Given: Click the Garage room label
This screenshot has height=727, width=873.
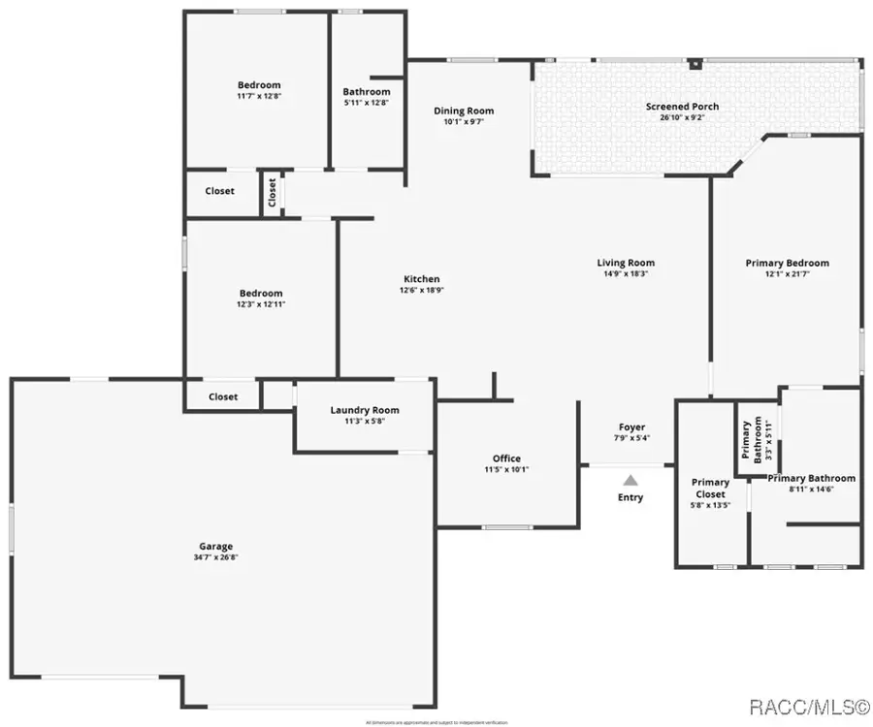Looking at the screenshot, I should pos(217,546).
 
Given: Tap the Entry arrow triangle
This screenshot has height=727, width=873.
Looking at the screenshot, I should pos(630,479).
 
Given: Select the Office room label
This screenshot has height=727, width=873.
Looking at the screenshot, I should pos(506,458).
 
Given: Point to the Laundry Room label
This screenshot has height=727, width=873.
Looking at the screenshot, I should pos(364,410).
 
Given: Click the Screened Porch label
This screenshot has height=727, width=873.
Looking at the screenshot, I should pos(682,106).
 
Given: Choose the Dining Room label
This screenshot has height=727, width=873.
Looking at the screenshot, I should pos(463,111).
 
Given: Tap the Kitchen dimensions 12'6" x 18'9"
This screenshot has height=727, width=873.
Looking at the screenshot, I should pos(420,290).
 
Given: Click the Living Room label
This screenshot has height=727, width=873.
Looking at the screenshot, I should pos(625,263).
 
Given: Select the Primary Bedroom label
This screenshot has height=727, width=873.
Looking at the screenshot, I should pos(787,263).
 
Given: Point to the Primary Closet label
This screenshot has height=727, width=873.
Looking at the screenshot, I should pos(710,488).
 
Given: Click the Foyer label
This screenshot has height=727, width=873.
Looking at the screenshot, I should pos(631,427).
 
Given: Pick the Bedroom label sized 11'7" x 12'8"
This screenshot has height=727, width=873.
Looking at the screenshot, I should pos(259,84).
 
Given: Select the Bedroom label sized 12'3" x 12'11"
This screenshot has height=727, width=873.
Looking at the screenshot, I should pos(261,293).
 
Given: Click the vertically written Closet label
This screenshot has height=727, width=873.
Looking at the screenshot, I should pos(272,193).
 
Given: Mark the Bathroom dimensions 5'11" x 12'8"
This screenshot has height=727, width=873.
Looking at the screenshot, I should pos(367,103).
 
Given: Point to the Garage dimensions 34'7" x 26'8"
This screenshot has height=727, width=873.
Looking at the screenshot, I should pos(217,557).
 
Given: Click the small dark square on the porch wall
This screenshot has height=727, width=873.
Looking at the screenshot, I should pos(695,65).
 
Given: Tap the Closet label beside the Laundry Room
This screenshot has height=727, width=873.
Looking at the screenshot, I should pos(223,396).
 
